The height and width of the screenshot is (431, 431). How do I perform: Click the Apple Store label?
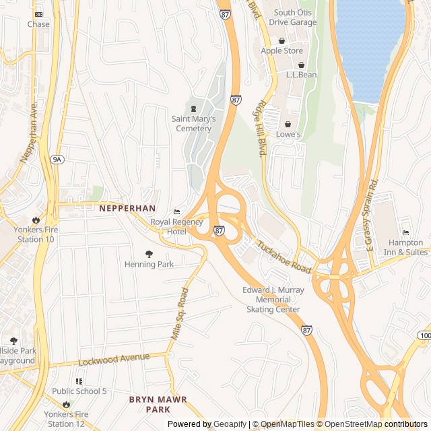281,51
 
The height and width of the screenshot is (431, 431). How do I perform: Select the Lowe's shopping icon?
288,124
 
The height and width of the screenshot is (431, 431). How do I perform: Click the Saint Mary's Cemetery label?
193,123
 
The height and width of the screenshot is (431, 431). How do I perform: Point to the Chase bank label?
38,24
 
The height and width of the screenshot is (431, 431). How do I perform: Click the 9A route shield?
57,160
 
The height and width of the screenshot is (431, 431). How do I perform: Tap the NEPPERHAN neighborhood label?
127,209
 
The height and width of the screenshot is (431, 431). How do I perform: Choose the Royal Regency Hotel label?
176,227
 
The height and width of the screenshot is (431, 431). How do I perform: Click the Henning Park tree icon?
149,254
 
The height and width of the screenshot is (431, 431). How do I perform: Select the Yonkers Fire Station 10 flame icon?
36,220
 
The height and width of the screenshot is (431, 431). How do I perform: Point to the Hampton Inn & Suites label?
405,247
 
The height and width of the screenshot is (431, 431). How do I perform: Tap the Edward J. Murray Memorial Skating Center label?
273,300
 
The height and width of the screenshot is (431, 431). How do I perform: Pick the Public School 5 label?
79,391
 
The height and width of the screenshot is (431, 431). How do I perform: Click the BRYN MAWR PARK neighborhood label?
158,404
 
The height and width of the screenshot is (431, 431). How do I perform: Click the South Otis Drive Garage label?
294,17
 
